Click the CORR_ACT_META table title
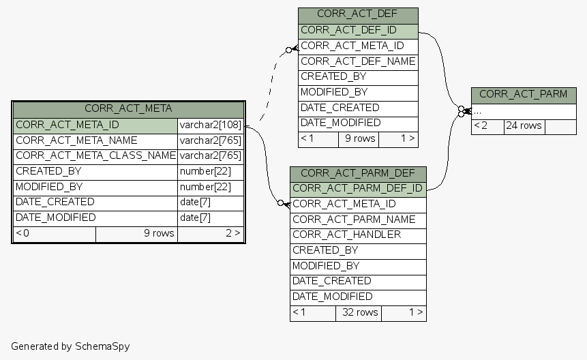(x=128, y=108)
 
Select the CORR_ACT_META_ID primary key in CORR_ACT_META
(x=95, y=125)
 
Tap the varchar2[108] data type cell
(x=210, y=125)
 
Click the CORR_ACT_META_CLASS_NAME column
(x=95, y=155)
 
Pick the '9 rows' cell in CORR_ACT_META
(x=136, y=233)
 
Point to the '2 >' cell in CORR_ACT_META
(x=210, y=233)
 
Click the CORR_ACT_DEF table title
(x=357, y=14)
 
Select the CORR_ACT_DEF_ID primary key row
(x=357, y=30)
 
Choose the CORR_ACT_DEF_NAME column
(x=357, y=61)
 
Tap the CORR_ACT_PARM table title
(x=523, y=94)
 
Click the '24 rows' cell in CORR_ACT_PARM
(x=524, y=125)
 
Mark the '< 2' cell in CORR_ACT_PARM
(x=487, y=125)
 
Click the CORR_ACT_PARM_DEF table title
(x=357, y=173)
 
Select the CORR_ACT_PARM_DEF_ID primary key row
(x=357, y=188)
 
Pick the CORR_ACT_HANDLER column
(x=357, y=235)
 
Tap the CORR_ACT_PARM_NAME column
(x=357, y=220)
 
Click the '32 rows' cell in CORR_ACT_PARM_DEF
(x=358, y=312)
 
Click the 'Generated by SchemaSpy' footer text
(x=70, y=346)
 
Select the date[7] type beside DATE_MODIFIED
(x=210, y=217)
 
